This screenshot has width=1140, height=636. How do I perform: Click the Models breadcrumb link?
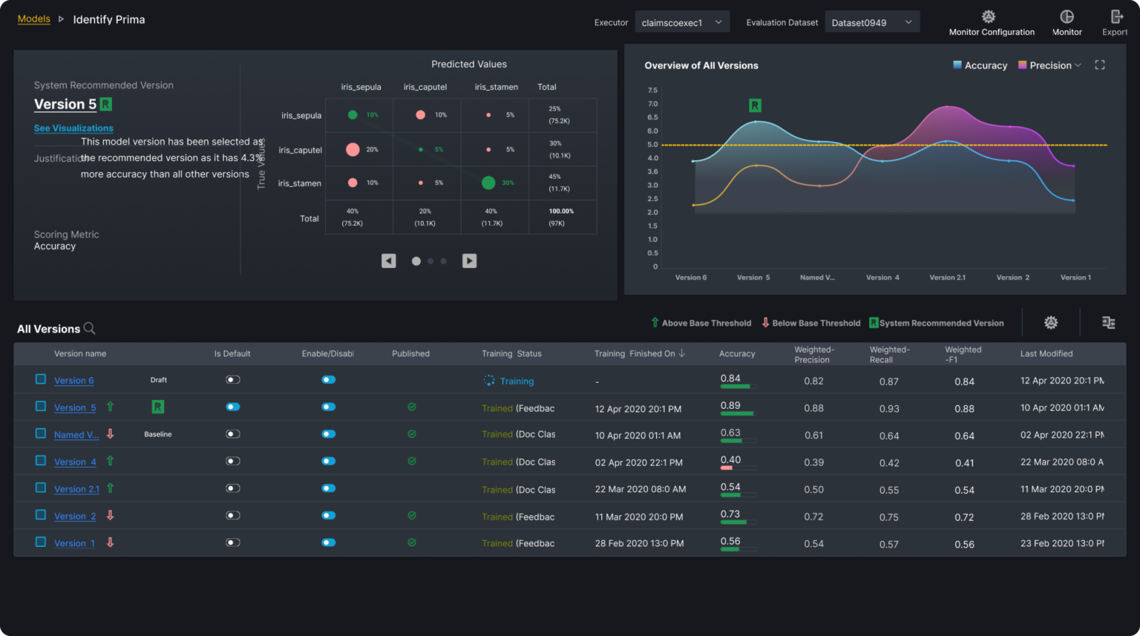tap(34, 19)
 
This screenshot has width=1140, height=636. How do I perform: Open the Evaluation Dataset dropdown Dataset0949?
tap(871, 23)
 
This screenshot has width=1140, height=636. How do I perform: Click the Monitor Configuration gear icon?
tap(989, 17)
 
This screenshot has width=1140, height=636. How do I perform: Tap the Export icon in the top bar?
tap(1116, 17)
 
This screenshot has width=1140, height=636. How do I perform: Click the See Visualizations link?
tap(73, 128)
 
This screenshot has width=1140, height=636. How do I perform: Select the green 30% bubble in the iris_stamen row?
tap(488, 183)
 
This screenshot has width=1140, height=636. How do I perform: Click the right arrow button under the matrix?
tap(469, 260)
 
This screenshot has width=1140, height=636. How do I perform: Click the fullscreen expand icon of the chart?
tap(1100, 65)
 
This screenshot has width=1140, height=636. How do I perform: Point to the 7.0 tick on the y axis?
tap(652, 104)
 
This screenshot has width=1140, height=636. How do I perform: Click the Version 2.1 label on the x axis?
tap(947, 278)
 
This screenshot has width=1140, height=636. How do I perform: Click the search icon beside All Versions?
tap(89, 328)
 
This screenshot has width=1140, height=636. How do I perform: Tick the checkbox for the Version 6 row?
tap(41, 379)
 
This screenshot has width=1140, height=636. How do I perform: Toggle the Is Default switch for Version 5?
tap(233, 407)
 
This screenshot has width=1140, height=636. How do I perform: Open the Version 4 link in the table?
tap(75, 462)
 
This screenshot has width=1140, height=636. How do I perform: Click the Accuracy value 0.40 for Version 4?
tap(730, 460)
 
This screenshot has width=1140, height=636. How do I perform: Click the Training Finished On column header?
tap(635, 354)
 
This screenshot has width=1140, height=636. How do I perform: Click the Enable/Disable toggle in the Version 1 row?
tap(329, 542)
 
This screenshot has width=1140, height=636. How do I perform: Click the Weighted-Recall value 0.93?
tap(889, 409)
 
